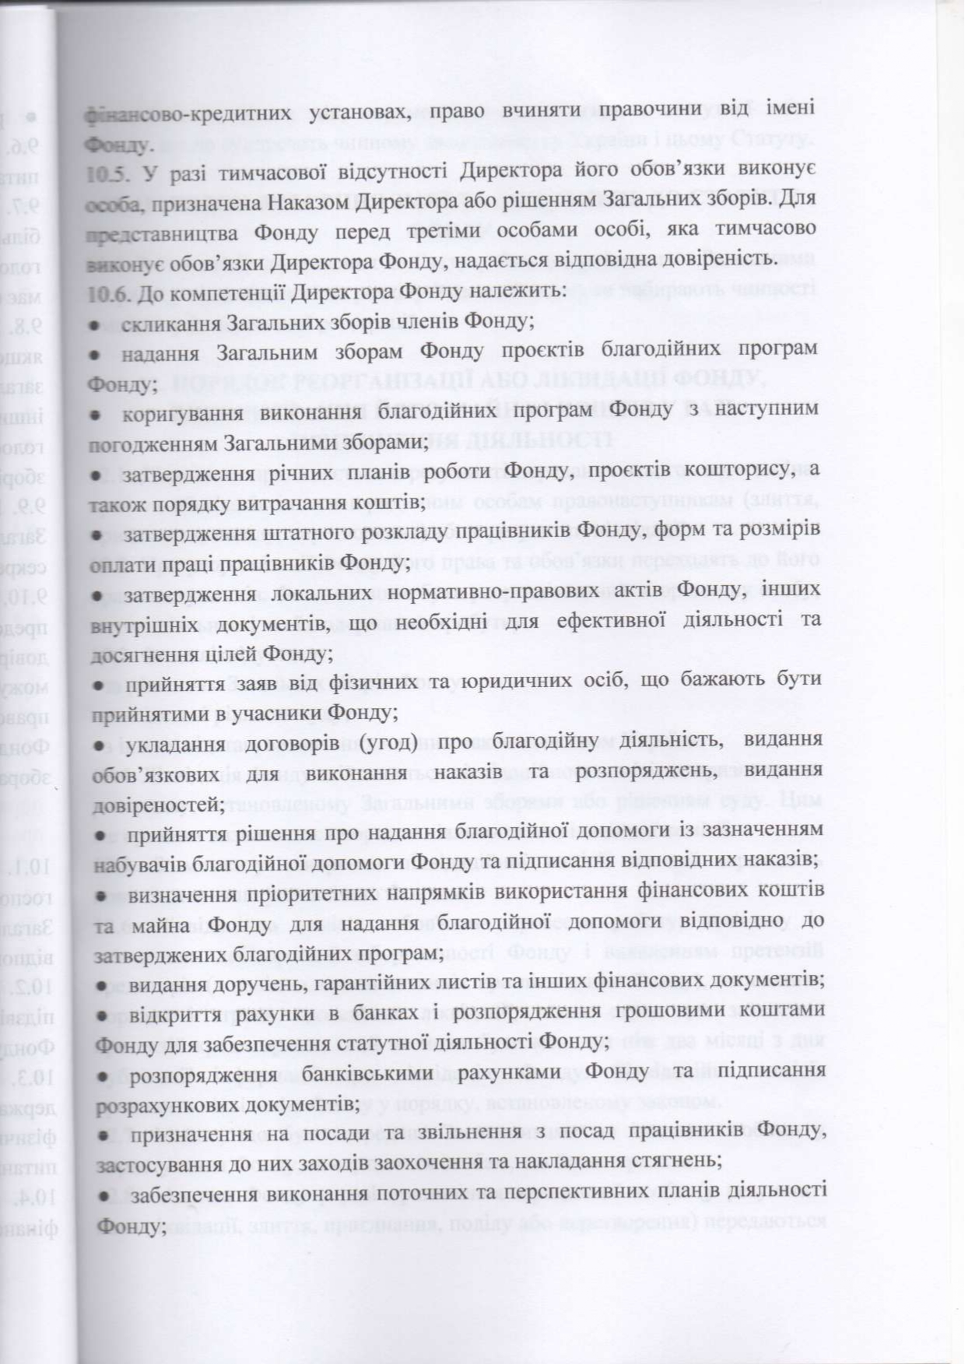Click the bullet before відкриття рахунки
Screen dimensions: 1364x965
[x=101, y=1015]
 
